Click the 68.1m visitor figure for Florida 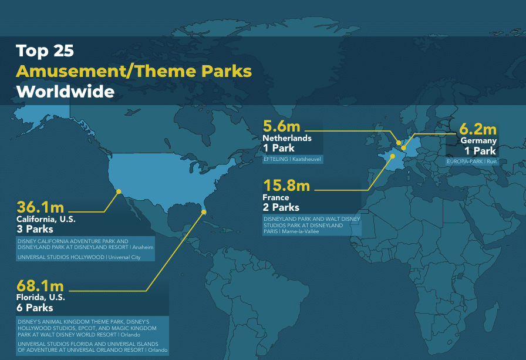point(40,286)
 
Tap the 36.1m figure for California point(41,207)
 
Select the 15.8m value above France point(286,186)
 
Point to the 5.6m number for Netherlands point(281,126)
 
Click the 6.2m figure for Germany point(478,129)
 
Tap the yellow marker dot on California point(119,191)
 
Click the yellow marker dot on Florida point(203,212)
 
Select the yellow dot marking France point(392,156)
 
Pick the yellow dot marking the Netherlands point(399,143)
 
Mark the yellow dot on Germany point(403,148)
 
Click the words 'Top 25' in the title point(45,51)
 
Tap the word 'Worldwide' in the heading point(65,92)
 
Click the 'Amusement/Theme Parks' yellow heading point(134,71)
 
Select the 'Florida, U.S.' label point(41,298)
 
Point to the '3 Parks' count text point(35,229)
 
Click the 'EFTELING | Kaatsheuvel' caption point(292,159)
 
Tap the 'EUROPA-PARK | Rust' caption point(471,162)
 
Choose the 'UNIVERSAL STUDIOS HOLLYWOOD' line point(60,257)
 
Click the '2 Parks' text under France point(281,207)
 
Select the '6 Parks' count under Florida point(35,308)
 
